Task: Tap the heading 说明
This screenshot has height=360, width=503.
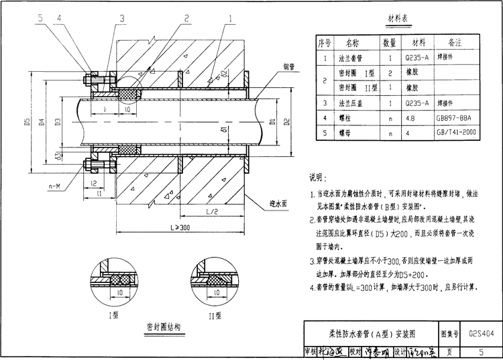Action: (316, 178)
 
